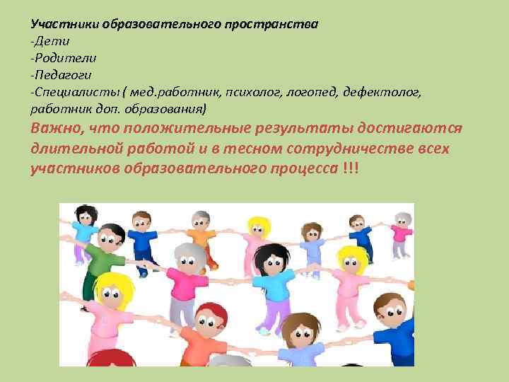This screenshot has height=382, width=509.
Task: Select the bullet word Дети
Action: tap(50, 41)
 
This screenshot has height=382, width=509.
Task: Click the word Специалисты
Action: tap(69, 92)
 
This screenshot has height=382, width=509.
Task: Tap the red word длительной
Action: tap(78, 150)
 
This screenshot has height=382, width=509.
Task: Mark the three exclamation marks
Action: tap(350, 170)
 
